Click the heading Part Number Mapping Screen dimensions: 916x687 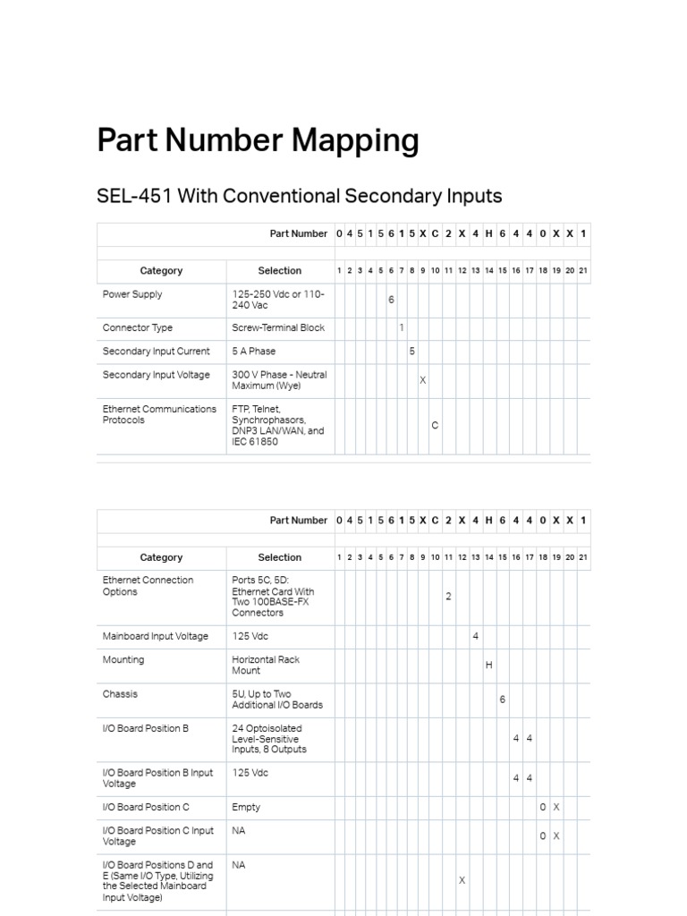click(258, 141)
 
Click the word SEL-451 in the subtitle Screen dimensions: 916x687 click(134, 196)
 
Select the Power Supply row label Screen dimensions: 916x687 click(132, 294)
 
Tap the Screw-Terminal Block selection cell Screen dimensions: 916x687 click(278, 328)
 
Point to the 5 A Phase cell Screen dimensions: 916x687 click(257, 352)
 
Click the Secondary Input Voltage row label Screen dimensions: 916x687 click(157, 375)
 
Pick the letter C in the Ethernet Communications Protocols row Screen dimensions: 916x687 click(435, 426)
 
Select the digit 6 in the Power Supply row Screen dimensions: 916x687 click(391, 300)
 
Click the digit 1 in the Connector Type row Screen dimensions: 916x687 click(402, 328)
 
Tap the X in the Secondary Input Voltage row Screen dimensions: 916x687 click(423, 381)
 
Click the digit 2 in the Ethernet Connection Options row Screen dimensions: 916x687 click(448, 596)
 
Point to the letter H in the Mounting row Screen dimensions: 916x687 click(489, 666)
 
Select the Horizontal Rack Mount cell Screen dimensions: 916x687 click(266, 665)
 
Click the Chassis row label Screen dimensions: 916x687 click(120, 694)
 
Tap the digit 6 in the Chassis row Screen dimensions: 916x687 click(503, 700)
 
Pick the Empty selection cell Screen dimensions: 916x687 click(246, 807)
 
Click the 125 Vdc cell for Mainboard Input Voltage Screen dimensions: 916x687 click(250, 637)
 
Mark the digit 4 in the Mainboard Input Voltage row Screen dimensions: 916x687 click(476, 637)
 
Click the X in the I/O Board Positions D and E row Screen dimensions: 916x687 click(462, 881)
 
